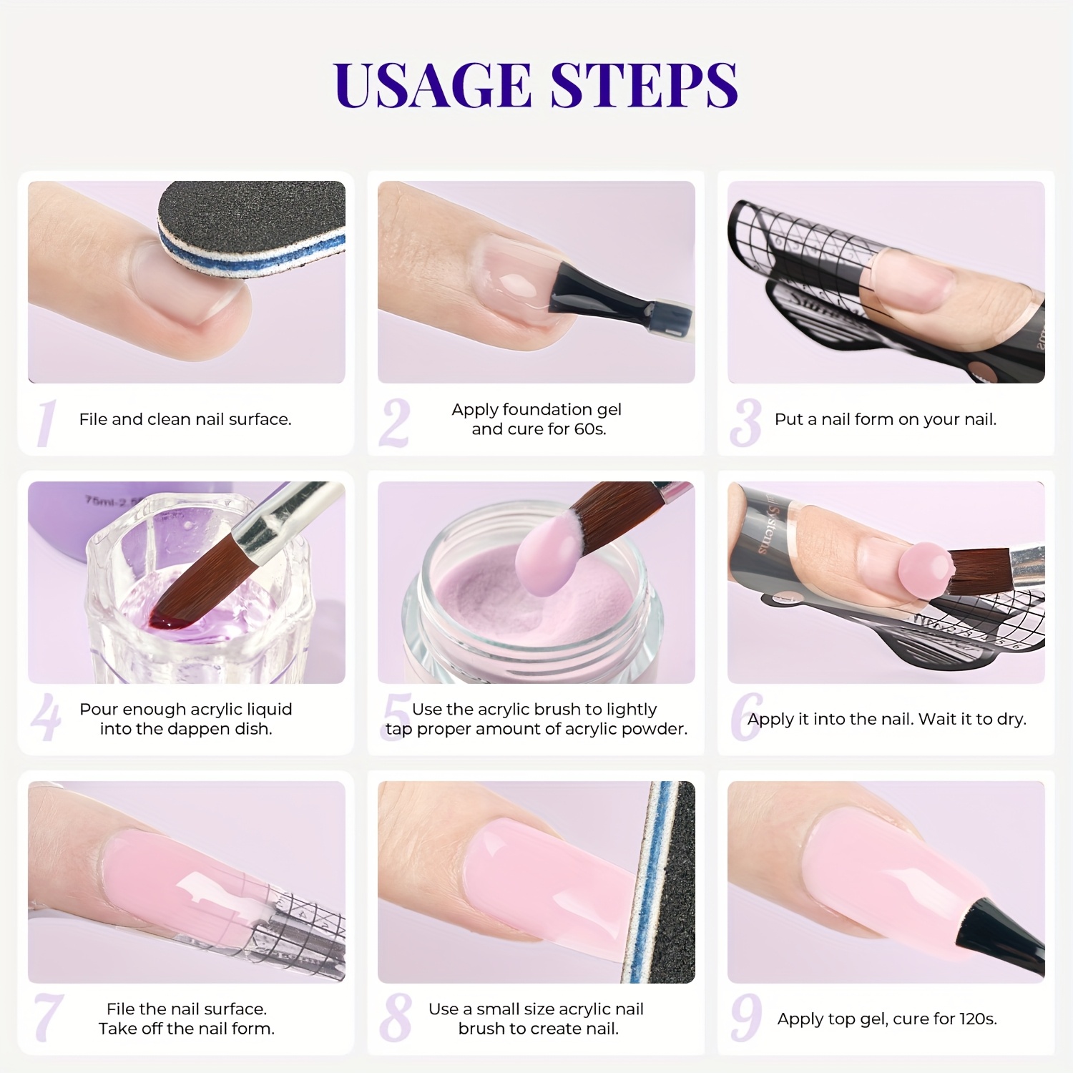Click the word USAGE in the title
coord(432,85)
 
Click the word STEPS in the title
coord(645,85)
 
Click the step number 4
coord(46,717)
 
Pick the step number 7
coord(49,1017)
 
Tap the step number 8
coord(396,1017)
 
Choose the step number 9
coord(746,1017)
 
